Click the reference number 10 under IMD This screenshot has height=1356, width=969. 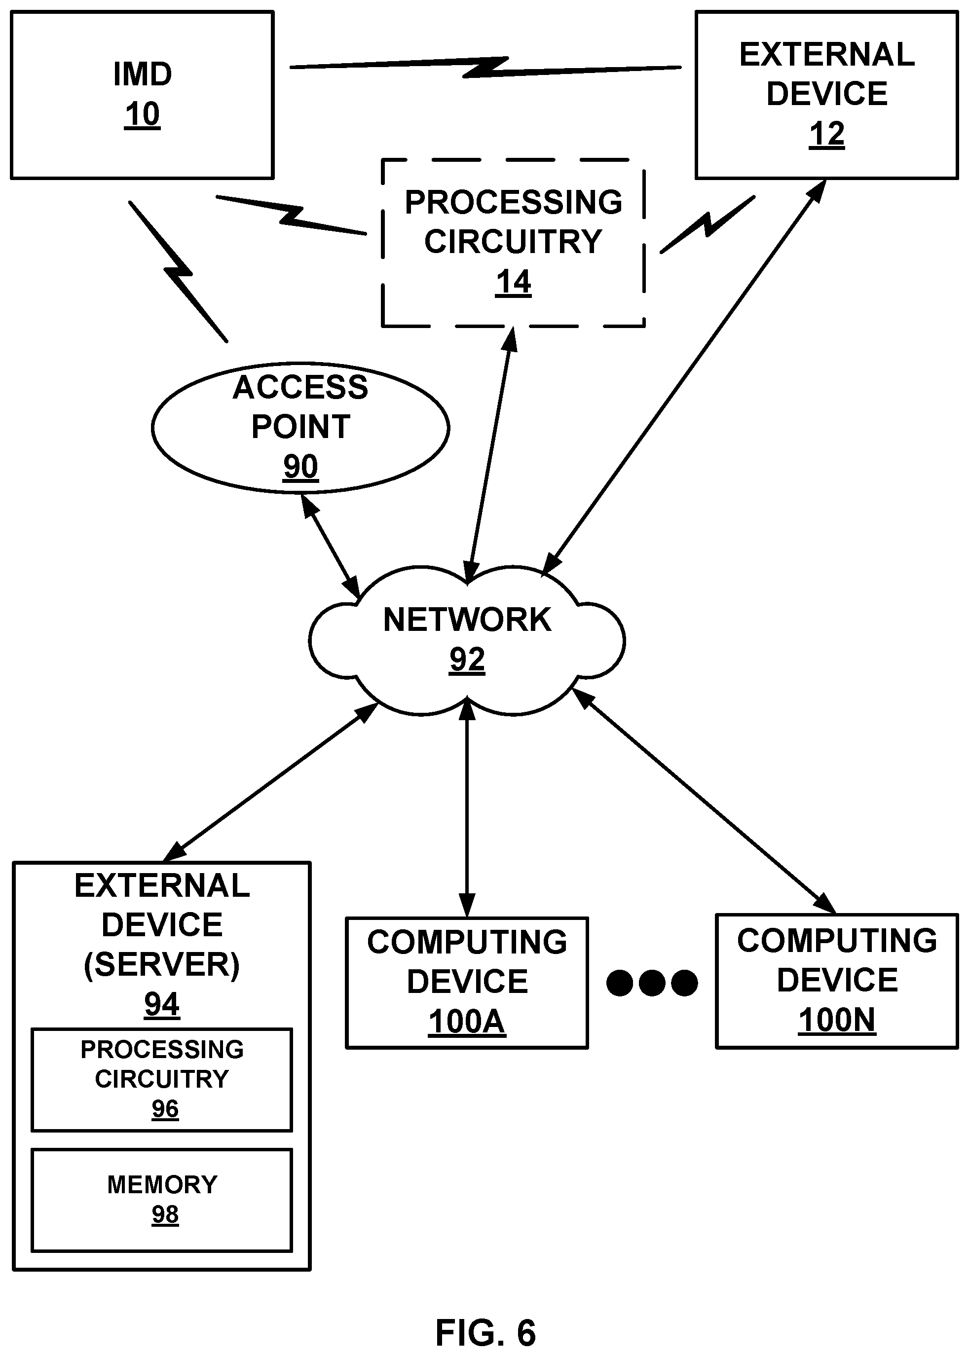(142, 114)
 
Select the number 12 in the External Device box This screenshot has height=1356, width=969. (826, 134)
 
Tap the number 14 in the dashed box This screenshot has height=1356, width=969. (513, 282)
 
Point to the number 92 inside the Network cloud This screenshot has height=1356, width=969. (467, 660)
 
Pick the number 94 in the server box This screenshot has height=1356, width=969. (162, 1004)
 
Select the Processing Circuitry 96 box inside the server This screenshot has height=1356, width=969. (162, 1079)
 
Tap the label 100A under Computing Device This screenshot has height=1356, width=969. (467, 1022)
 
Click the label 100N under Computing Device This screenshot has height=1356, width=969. (837, 1020)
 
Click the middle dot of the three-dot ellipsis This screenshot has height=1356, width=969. (652, 983)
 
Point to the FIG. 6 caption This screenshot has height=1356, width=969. (485, 1333)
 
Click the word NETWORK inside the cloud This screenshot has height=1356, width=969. (467, 620)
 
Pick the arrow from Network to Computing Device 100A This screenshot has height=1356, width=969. (467, 808)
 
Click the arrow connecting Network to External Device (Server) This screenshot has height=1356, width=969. (271, 781)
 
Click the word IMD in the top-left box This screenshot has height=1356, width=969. (143, 74)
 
